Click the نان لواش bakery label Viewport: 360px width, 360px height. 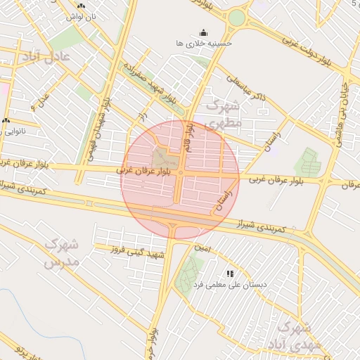click(82, 15)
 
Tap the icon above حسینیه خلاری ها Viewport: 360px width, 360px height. click(204, 32)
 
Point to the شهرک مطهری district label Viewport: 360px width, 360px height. click(224, 115)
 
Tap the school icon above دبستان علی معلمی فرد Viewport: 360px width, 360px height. click(229, 274)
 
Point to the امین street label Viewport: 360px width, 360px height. click(202, 248)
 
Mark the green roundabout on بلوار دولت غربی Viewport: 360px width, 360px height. click(237, 17)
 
